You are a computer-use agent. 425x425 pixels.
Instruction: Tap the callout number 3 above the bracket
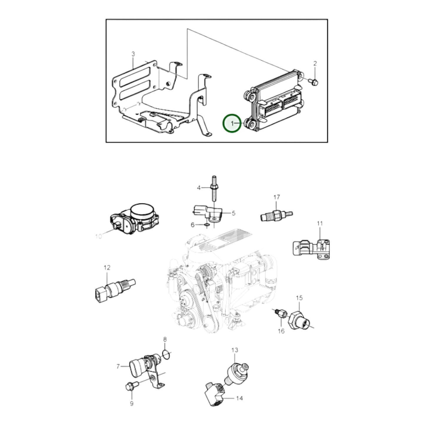click(133, 54)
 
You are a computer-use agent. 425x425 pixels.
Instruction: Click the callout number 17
click(276, 197)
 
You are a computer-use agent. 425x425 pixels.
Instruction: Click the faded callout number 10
click(99, 236)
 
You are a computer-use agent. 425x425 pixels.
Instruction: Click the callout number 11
click(320, 224)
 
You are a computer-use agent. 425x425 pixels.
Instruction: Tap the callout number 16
click(281, 337)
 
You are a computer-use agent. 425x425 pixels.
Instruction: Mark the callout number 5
click(234, 213)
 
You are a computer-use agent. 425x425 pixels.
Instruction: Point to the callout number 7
click(118, 366)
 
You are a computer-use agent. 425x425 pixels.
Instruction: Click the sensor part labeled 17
click(276, 214)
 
